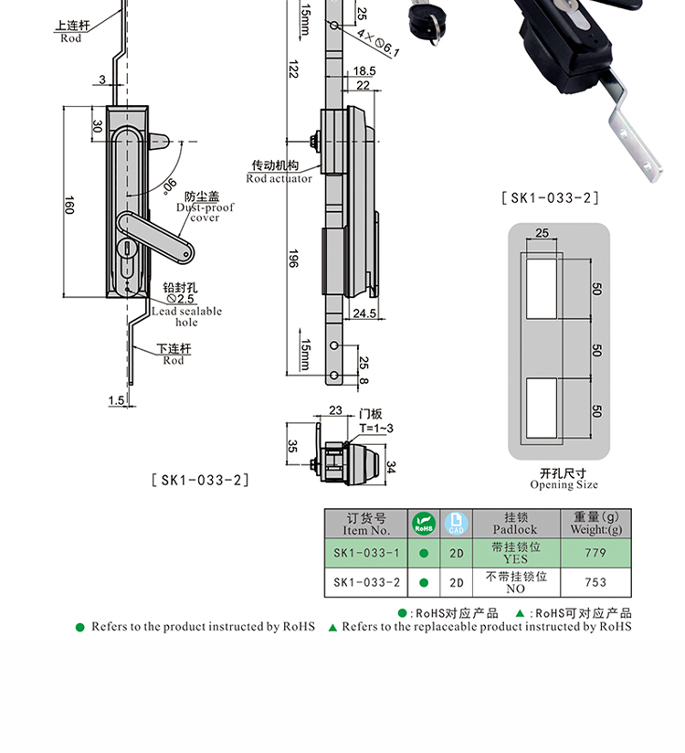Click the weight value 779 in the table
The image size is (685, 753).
click(x=595, y=553)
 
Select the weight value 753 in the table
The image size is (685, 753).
click(x=595, y=582)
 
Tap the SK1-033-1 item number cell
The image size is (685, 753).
click(x=366, y=553)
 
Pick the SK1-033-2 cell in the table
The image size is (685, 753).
click(x=366, y=582)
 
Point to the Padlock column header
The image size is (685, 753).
click(x=515, y=523)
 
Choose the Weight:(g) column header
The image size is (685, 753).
click(x=595, y=523)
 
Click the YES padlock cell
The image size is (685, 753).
click(x=515, y=553)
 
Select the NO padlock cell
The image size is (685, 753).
click(x=515, y=582)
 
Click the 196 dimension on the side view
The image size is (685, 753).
click(x=292, y=259)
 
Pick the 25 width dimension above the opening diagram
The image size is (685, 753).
click(x=543, y=234)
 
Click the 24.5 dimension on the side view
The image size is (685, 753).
click(x=364, y=313)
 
